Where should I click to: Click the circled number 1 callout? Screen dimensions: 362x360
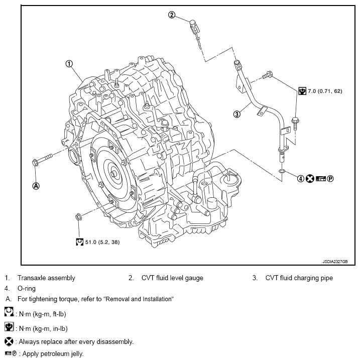click(69, 64)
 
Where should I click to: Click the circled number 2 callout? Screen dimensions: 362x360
click(172, 15)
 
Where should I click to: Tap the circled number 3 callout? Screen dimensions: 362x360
click(237, 114)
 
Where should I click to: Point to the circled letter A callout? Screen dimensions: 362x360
click(36, 185)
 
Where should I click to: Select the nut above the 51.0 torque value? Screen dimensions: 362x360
click(79, 217)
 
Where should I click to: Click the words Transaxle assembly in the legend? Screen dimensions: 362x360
click(46, 278)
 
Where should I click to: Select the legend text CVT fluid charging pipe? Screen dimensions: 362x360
click(299, 278)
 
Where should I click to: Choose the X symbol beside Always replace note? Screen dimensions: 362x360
click(9, 341)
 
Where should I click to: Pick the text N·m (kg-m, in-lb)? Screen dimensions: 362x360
click(42, 328)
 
